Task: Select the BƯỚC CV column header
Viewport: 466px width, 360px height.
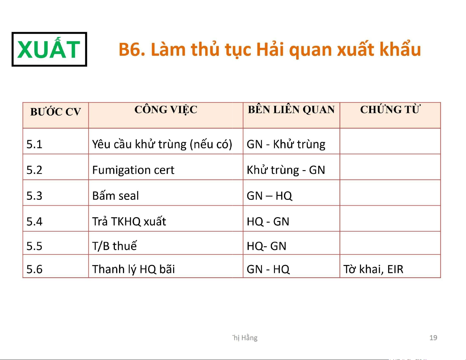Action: pos(56,111)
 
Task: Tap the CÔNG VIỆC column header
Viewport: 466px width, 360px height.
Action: pos(166,110)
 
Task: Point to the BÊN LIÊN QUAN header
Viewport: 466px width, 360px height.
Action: pos(291,110)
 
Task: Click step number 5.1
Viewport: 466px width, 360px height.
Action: pos(34,144)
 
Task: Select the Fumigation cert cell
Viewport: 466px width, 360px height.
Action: pos(133,170)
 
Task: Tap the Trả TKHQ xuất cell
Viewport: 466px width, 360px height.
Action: pos(129,221)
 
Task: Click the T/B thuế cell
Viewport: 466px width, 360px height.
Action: pos(114,246)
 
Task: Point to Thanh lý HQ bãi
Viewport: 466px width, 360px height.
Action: pos(133,269)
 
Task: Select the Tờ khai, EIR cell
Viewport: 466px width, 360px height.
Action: pos(373,269)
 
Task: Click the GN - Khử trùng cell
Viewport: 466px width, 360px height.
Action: pos(286,144)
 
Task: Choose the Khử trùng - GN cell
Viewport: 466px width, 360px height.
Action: pos(286,170)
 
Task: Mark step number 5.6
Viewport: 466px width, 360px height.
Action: pos(34,269)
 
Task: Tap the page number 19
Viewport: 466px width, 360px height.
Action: pos(433,338)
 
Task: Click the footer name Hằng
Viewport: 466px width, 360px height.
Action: pos(249,338)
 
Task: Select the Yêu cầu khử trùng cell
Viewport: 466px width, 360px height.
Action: pos(162,144)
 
